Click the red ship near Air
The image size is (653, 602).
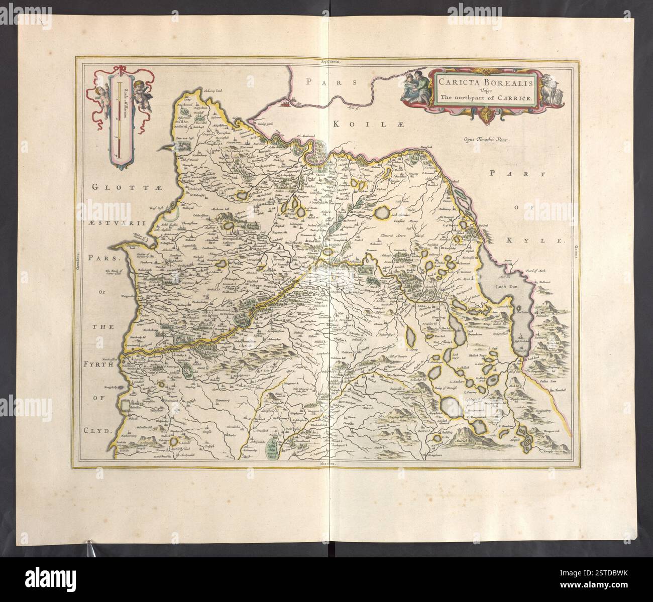pyautogui.click(x=286, y=103)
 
